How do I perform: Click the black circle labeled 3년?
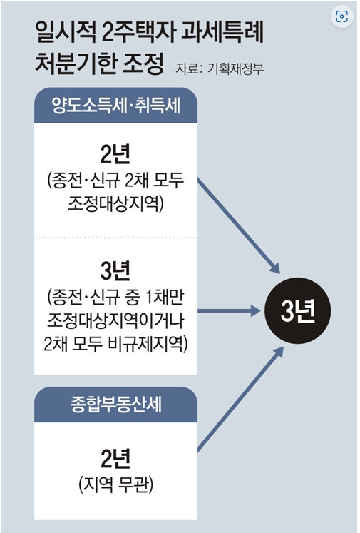point(297,310)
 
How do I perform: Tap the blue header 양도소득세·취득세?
point(115,106)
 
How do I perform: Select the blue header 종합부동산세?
point(115,405)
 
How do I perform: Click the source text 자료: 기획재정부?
point(220,68)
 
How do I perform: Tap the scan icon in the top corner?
point(341,16)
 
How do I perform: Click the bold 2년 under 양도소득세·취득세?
point(115,154)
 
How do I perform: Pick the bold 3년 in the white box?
point(115,271)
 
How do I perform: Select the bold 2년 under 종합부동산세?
point(115,458)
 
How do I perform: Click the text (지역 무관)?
point(115,484)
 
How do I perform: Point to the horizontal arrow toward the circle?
point(229,310)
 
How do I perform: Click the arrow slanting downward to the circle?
point(239,225)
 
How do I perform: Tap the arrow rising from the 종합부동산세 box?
point(240,399)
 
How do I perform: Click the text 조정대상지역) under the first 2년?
point(115,203)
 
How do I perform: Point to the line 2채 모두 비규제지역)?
point(115,345)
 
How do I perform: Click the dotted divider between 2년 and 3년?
point(115,238)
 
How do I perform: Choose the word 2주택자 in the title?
point(138,33)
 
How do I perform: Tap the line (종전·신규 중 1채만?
point(115,297)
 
